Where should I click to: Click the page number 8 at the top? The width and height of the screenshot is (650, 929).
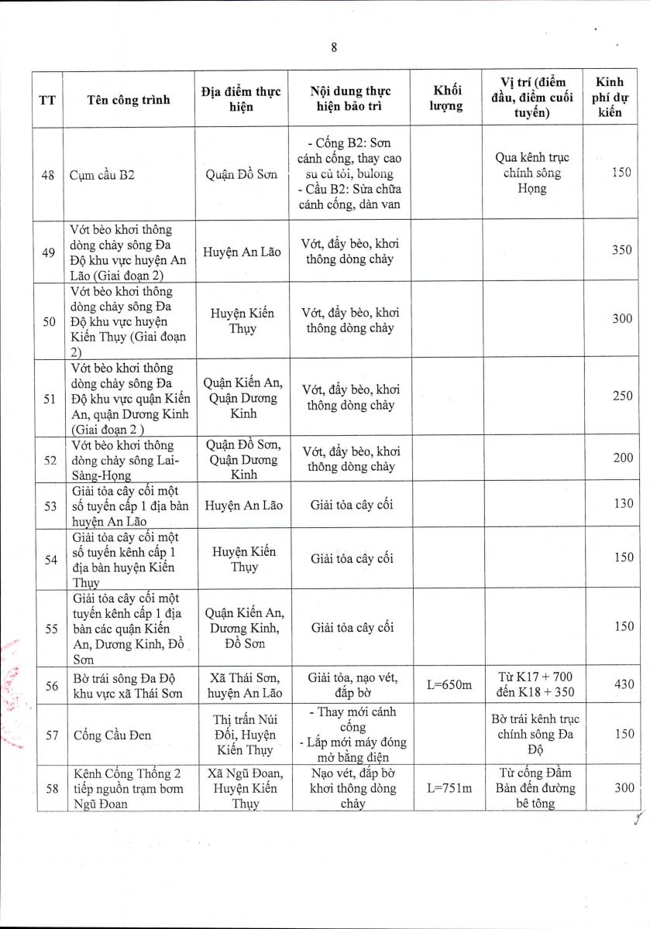click(334, 47)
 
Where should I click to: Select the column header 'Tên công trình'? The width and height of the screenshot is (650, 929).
click(129, 99)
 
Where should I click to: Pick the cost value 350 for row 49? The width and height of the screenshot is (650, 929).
click(622, 250)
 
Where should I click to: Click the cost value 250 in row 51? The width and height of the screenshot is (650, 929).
click(622, 396)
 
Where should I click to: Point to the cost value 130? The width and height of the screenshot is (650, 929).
click(622, 504)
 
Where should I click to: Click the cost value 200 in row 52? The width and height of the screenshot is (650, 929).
click(622, 458)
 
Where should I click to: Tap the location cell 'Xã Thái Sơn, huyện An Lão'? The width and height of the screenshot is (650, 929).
click(241, 685)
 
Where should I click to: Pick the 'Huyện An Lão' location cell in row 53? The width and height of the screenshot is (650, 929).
click(241, 505)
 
